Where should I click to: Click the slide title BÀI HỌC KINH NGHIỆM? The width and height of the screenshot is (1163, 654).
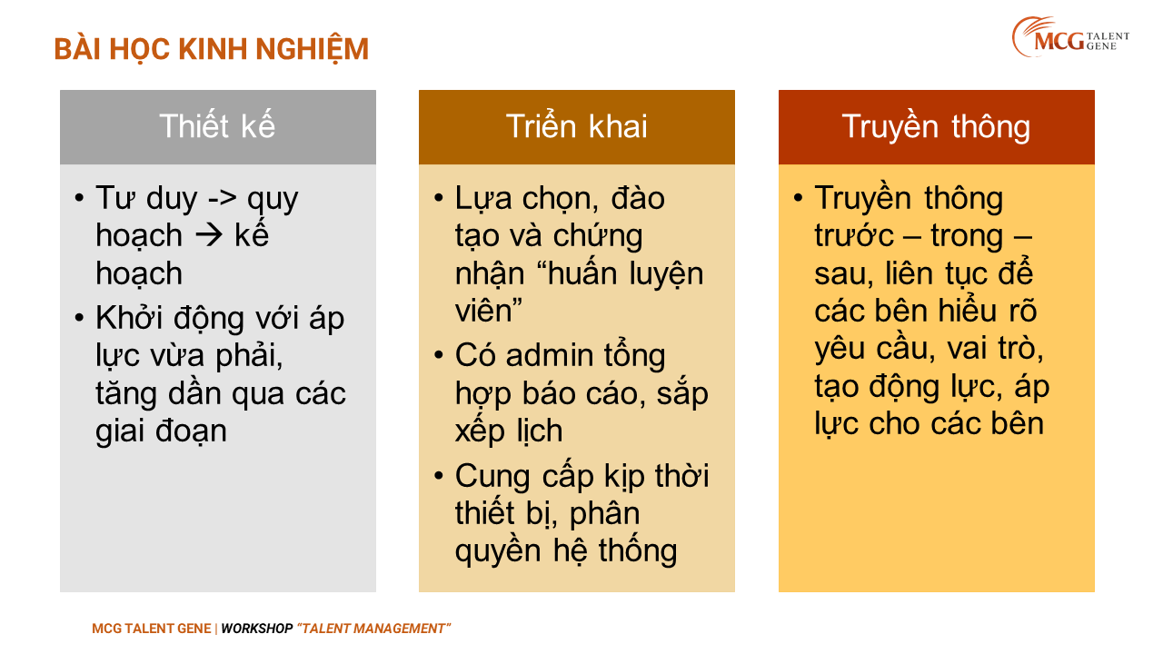click(212, 49)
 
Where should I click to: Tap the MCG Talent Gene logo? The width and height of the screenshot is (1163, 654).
click(1070, 37)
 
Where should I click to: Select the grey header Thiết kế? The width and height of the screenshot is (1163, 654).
click(217, 127)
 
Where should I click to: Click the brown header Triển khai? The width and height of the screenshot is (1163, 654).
click(577, 127)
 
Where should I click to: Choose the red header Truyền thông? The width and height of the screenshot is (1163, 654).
click(936, 127)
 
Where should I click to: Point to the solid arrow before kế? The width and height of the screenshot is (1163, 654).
click(208, 236)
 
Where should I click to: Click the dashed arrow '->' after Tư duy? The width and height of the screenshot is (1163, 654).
click(223, 199)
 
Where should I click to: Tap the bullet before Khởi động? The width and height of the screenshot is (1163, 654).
click(79, 317)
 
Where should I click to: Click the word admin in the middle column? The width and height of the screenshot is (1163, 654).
click(549, 356)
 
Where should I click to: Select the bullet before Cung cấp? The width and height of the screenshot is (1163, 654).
click(439, 475)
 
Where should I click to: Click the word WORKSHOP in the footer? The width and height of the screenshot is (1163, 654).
click(256, 629)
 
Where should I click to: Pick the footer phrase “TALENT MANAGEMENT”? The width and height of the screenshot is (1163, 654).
click(373, 629)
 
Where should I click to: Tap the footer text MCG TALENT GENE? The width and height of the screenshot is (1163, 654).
click(152, 629)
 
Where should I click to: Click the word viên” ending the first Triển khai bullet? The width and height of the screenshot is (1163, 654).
click(488, 311)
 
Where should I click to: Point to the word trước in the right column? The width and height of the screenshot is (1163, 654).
click(853, 236)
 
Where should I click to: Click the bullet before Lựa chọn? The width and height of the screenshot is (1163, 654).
click(439, 198)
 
